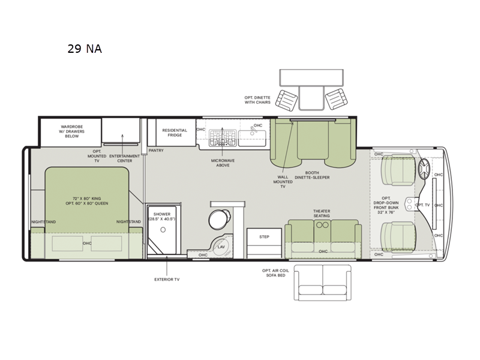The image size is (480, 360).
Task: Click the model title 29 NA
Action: point(85,49)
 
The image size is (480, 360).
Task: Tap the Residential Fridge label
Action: point(175,133)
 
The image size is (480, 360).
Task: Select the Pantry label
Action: point(156,151)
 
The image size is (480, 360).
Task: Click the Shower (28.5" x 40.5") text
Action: point(162,217)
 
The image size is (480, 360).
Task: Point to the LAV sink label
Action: point(221,246)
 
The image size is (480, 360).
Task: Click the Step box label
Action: point(264,237)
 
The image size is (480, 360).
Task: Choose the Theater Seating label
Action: point(322,213)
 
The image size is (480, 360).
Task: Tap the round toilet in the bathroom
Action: point(217,218)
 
